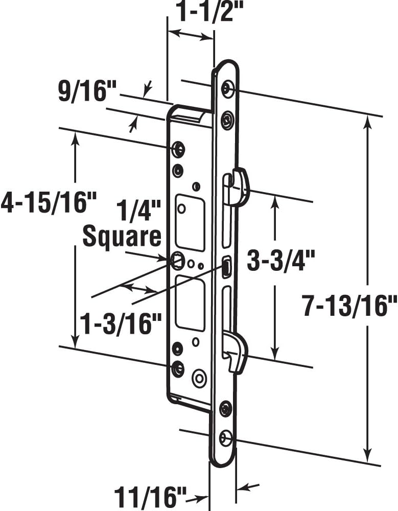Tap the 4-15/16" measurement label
click(x=49, y=202)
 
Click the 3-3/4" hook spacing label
click(x=277, y=262)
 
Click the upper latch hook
click(x=239, y=187)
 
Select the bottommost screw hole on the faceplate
click(x=225, y=438)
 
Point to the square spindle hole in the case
click(x=177, y=261)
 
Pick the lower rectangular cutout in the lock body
click(x=190, y=303)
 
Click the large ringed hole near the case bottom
click(x=198, y=379)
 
